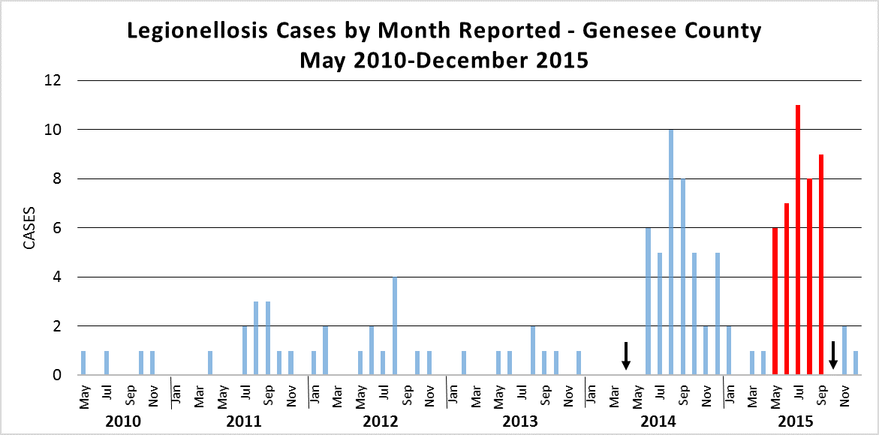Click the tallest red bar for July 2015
point(798,240)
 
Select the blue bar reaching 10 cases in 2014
point(671,252)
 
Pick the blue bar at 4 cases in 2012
point(395,325)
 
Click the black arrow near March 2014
point(625,355)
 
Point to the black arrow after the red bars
point(832,355)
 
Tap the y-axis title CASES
point(28,227)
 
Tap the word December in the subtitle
point(460,60)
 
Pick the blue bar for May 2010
point(83,363)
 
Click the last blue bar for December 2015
point(856,363)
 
